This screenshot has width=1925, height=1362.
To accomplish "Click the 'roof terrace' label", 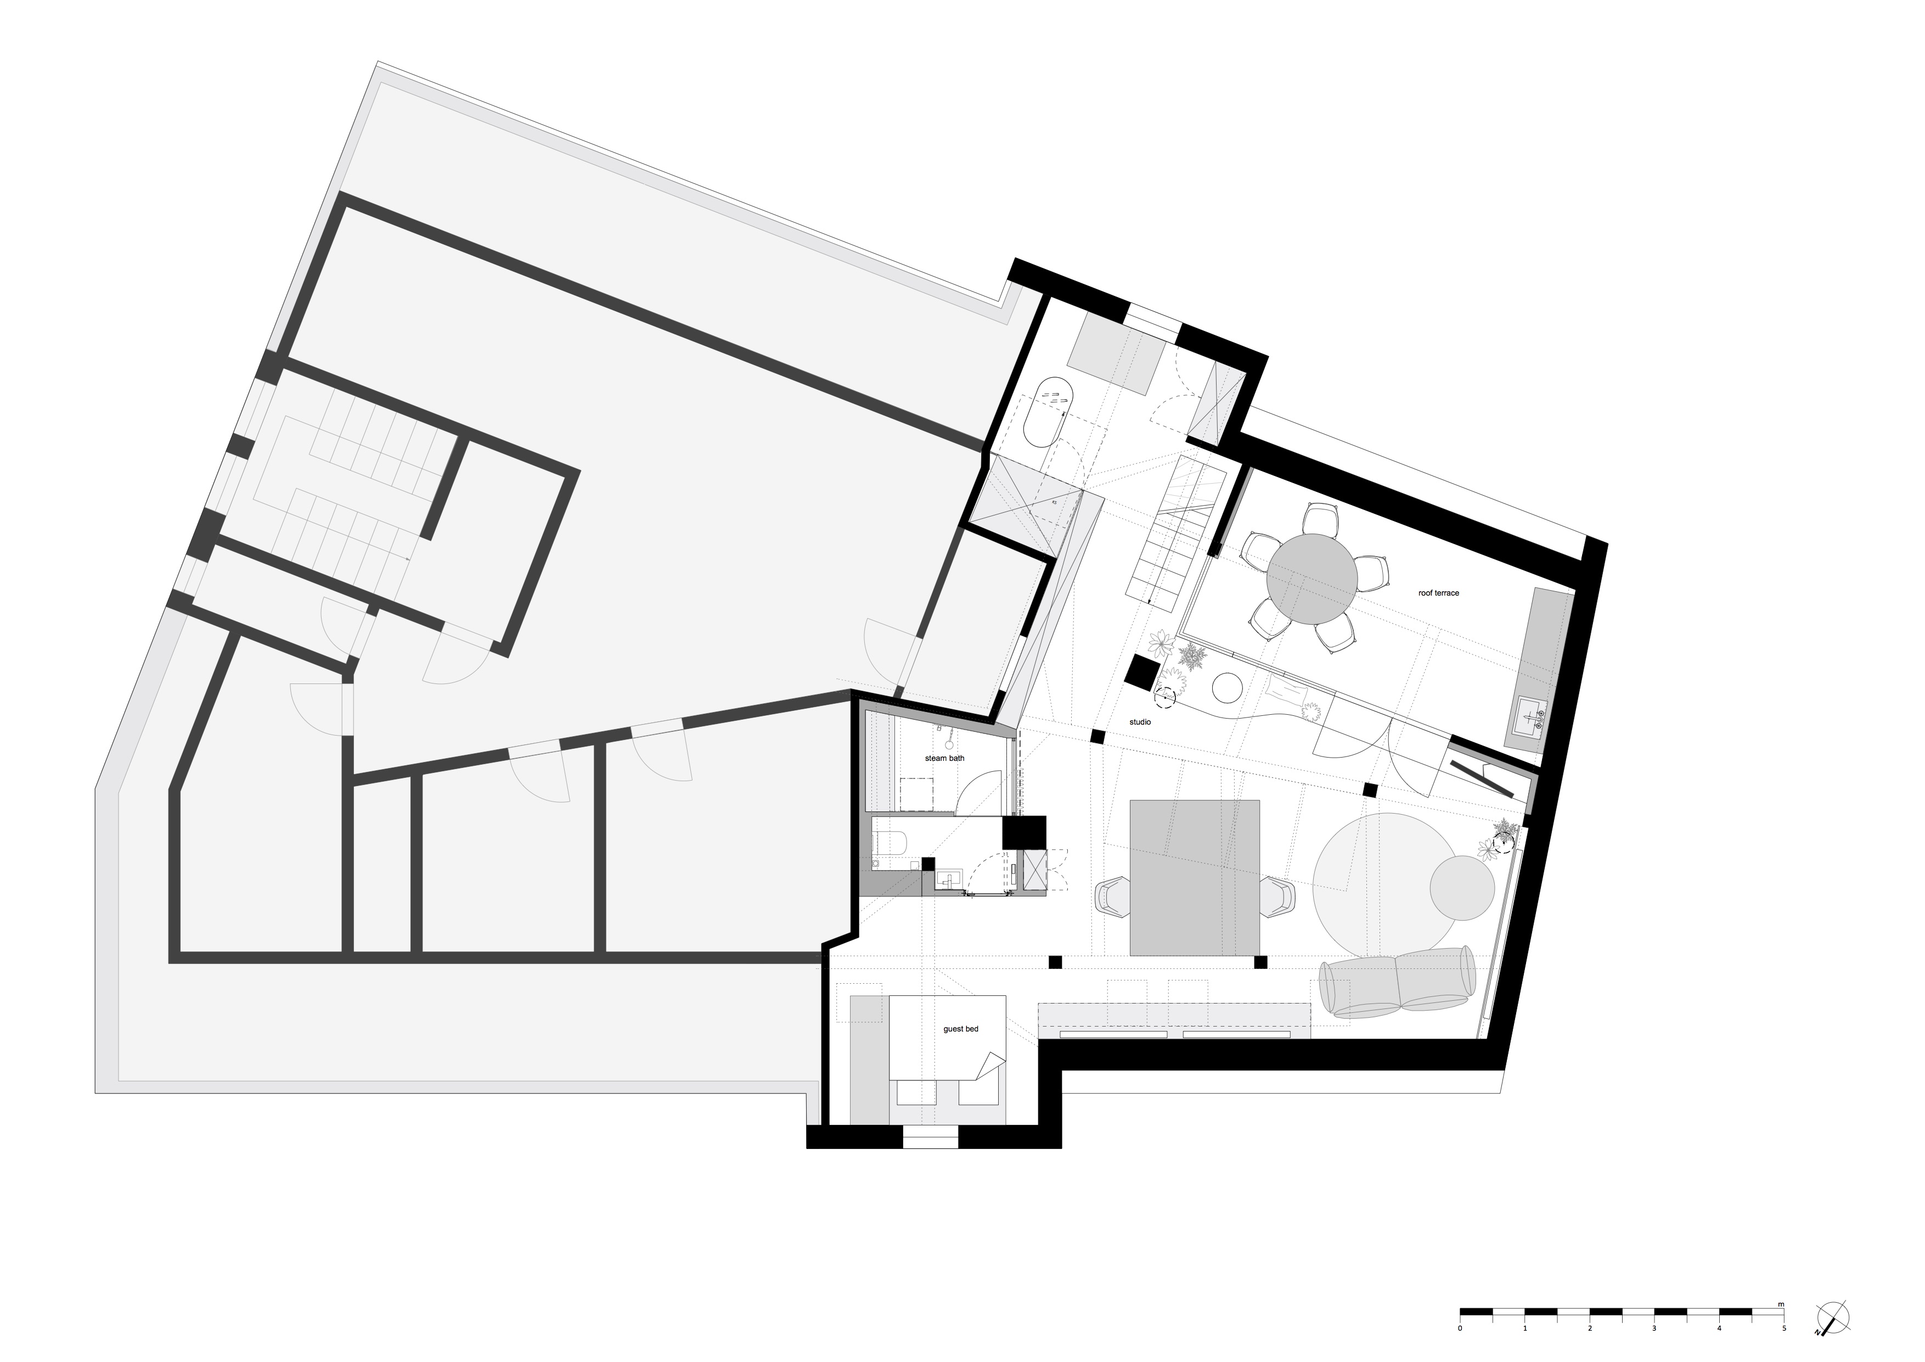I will [x=1439, y=593].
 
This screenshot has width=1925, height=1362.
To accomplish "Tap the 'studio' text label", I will [x=1139, y=722].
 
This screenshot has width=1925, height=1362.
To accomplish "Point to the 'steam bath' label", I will [x=944, y=758].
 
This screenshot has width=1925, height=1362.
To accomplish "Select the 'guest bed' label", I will [x=961, y=1029].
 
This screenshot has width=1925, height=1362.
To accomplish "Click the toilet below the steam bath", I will [x=889, y=841].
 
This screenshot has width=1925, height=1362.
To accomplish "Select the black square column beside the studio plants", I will [x=1142, y=672].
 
